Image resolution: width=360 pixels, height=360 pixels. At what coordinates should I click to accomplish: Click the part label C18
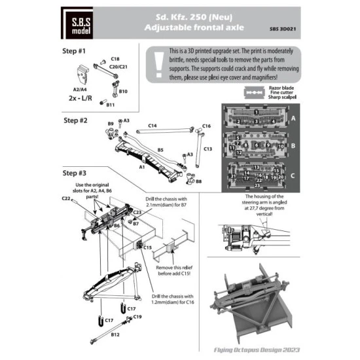click(x=115, y=59)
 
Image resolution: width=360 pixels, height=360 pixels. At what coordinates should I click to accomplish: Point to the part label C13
click(x=208, y=149)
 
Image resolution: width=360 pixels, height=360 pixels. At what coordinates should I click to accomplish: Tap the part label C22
click(x=66, y=198)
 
